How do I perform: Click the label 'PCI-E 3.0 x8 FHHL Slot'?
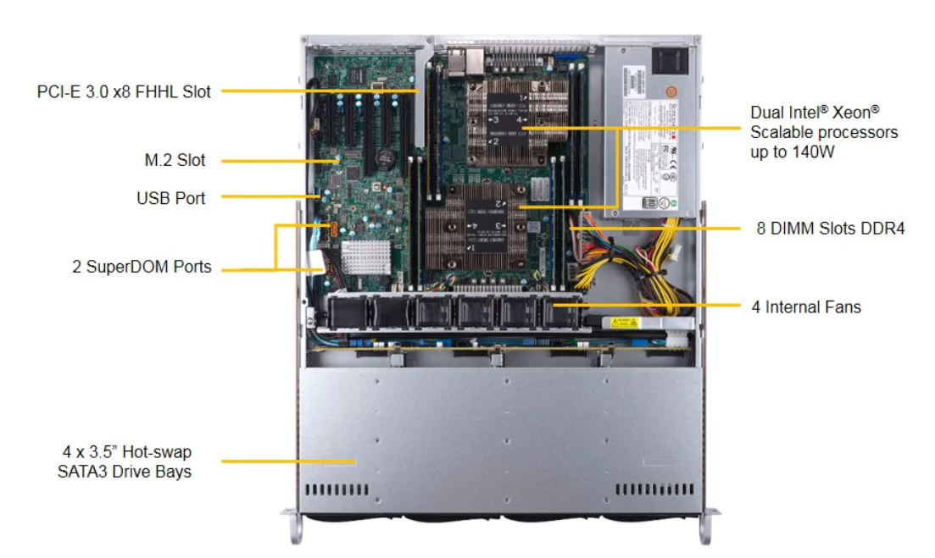(x=124, y=91)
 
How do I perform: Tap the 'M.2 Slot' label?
(x=175, y=160)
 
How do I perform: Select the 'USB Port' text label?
(x=170, y=198)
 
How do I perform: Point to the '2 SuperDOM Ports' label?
(x=142, y=267)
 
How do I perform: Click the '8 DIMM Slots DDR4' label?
(x=831, y=229)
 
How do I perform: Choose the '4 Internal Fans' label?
(x=806, y=307)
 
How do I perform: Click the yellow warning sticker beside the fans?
(x=625, y=323)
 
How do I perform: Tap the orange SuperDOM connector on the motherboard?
(x=333, y=229)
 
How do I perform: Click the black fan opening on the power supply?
(x=670, y=61)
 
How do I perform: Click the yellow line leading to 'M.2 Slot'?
(x=281, y=161)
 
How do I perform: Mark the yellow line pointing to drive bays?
(x=288, y=461)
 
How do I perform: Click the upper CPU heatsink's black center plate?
(x=508, y=119)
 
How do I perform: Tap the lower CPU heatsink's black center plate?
(x=487, y=225)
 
